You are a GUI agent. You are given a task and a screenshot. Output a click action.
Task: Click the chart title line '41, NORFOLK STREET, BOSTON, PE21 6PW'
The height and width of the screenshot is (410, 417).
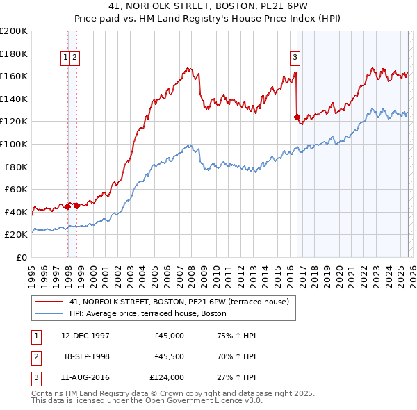[x=208, y=6]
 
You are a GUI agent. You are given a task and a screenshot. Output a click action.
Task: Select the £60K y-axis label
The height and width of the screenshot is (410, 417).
[x=16, y=189]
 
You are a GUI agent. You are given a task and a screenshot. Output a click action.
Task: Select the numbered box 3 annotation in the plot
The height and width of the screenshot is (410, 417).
[x=295, y=58]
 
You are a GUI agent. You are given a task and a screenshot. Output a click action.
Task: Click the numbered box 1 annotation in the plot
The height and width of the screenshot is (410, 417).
[x=66, y=58]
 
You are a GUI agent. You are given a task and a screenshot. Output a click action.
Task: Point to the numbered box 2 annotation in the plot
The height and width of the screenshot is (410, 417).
[x=74, y=58]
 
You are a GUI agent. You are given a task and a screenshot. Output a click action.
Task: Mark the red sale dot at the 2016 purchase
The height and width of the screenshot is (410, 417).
[x=297, y=117]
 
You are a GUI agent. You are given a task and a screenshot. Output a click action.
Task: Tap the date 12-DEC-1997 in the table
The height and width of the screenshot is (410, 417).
[x=85, y=336]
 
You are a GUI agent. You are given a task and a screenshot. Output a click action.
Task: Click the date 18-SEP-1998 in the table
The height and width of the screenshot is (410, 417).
[x=86, y=356]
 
